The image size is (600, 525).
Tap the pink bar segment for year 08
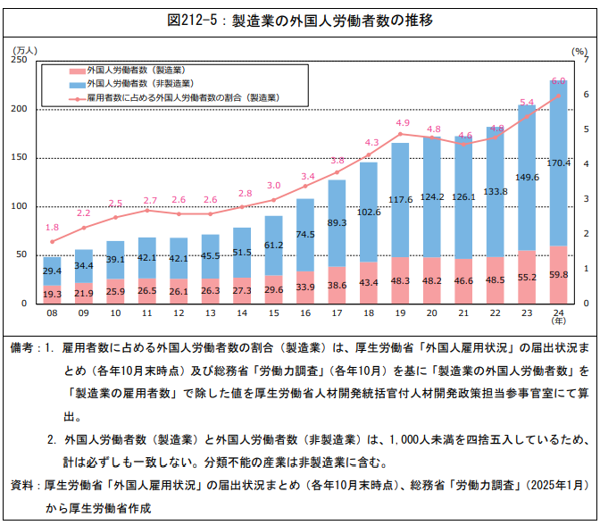pos(52,294)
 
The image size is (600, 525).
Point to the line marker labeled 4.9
pos(402,133)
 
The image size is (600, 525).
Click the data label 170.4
pos(558,163)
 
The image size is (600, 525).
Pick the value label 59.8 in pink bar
pos(558,275)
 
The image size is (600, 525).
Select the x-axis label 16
pos(305,313)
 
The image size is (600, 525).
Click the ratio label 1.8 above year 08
pos(52,228)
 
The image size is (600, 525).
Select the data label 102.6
pos(370,212)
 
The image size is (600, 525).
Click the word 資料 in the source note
pos(23,486)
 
